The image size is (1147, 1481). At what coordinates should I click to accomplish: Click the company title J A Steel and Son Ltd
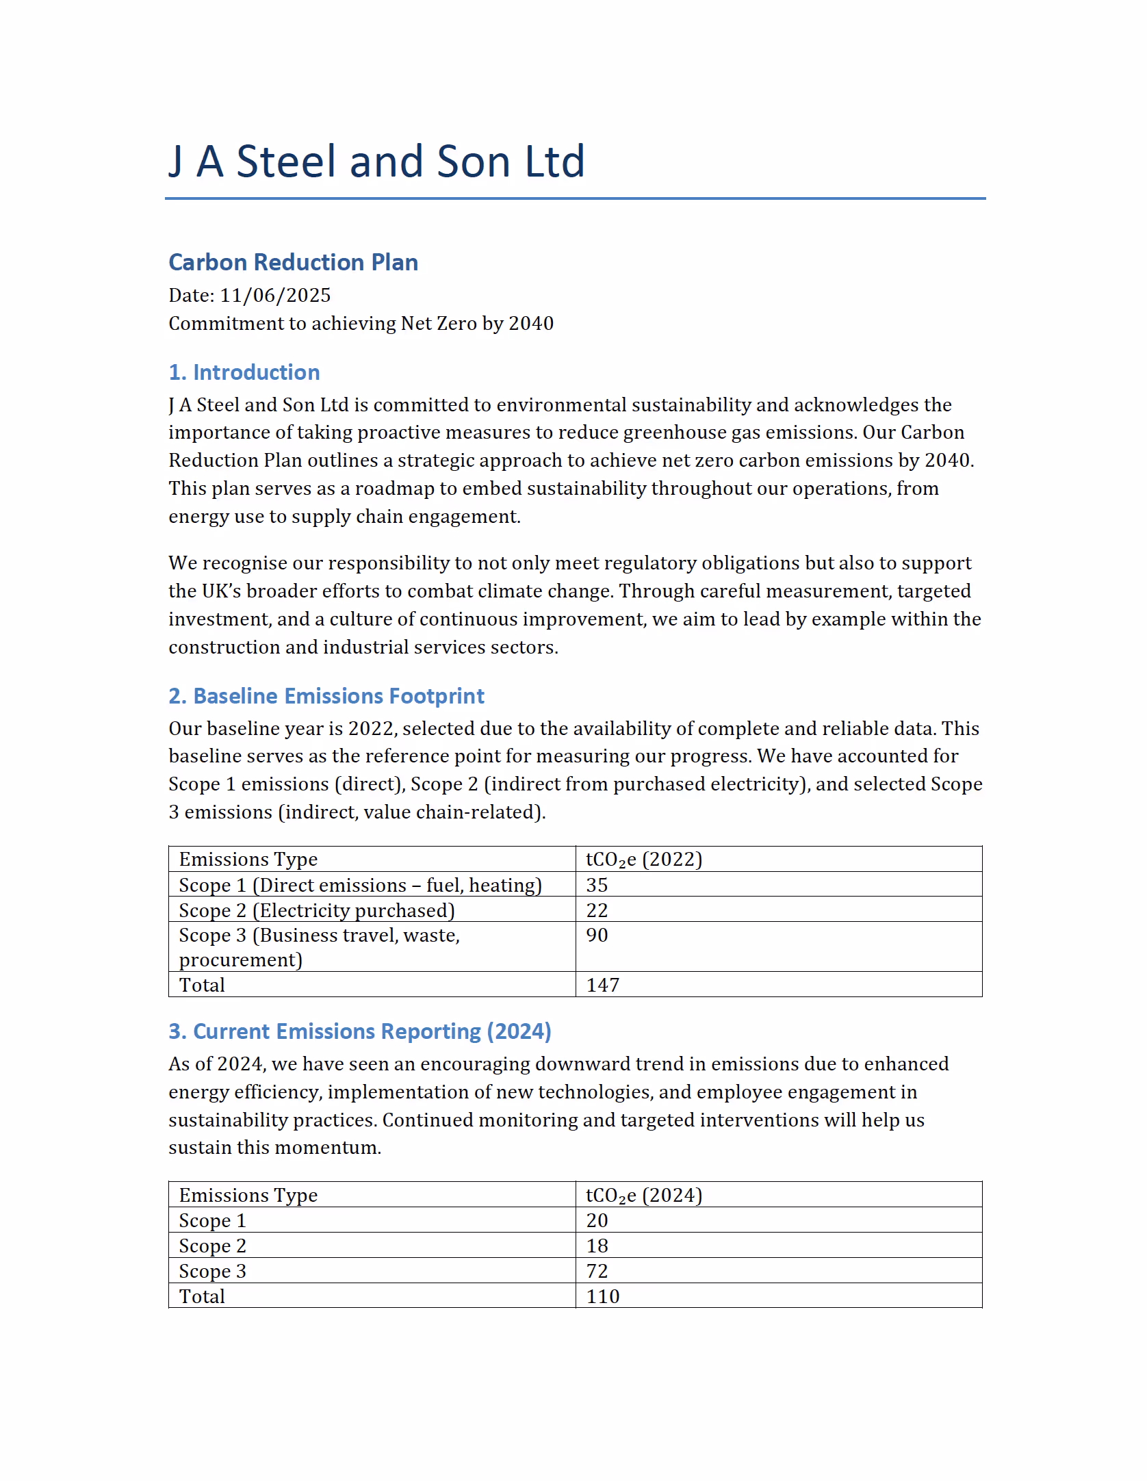[x=376, y=162]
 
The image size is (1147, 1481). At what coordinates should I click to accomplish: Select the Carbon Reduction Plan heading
[x=293, y=262]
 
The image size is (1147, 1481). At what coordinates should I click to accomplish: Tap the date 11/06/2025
[x=275, y=295]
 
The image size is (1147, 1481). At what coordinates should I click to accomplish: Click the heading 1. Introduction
[x=244, y=372]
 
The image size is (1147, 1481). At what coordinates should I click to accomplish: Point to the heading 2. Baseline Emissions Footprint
[x=326, y=696]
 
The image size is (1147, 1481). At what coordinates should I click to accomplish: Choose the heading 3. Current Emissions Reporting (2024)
[x=360, y=1031]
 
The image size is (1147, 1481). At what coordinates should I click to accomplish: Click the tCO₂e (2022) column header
[x=644, y=860]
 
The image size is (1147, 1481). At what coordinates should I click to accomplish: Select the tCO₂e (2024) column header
[x=644, y=1196]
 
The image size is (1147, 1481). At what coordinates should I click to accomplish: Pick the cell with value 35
[x=597, y=885]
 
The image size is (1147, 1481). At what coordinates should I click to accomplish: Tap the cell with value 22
[x=597, y=910]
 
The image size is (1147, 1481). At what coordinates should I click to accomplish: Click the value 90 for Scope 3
[x=597, y=936]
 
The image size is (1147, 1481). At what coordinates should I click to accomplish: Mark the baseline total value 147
[x=603, y=986]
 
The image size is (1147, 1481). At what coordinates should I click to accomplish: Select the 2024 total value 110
[x=603, y=1297]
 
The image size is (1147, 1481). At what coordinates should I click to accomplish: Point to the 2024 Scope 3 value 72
[x=597, y=1272]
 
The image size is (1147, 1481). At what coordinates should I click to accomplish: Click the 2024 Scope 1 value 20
[x=597, y=1221]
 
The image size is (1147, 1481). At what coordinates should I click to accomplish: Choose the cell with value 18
[x=597, y=1246]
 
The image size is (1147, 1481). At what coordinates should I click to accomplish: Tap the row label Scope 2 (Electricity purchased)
[x=317, y=910]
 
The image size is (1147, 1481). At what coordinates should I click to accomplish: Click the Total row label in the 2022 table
[x=202, y=986]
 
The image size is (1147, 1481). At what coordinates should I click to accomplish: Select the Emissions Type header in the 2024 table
[x=248, y=1196]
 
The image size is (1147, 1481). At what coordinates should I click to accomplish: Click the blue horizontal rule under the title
[x=575, y=198]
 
